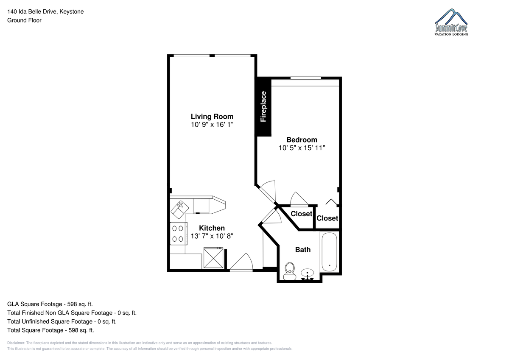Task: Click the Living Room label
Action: (212, 117)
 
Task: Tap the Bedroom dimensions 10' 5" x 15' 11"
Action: (302, 148)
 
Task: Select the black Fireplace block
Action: (263, 106)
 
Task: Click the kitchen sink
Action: (180, 209)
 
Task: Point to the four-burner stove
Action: (179, 234)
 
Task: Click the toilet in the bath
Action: (290, 271)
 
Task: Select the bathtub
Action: (329, 251)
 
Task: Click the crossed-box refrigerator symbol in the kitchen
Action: (213, 258)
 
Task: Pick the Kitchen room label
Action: (212, 228)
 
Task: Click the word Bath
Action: (303, 250)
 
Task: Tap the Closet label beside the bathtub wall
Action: (327, 218)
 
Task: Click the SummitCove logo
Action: (451, 22)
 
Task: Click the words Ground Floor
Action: (24, 20)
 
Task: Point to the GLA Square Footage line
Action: (50, 304)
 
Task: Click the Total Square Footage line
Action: (50, 330)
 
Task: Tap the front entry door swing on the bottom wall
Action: (241, 262)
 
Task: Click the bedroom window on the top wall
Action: (306, 78)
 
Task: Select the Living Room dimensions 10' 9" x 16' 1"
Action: (212, 125)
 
